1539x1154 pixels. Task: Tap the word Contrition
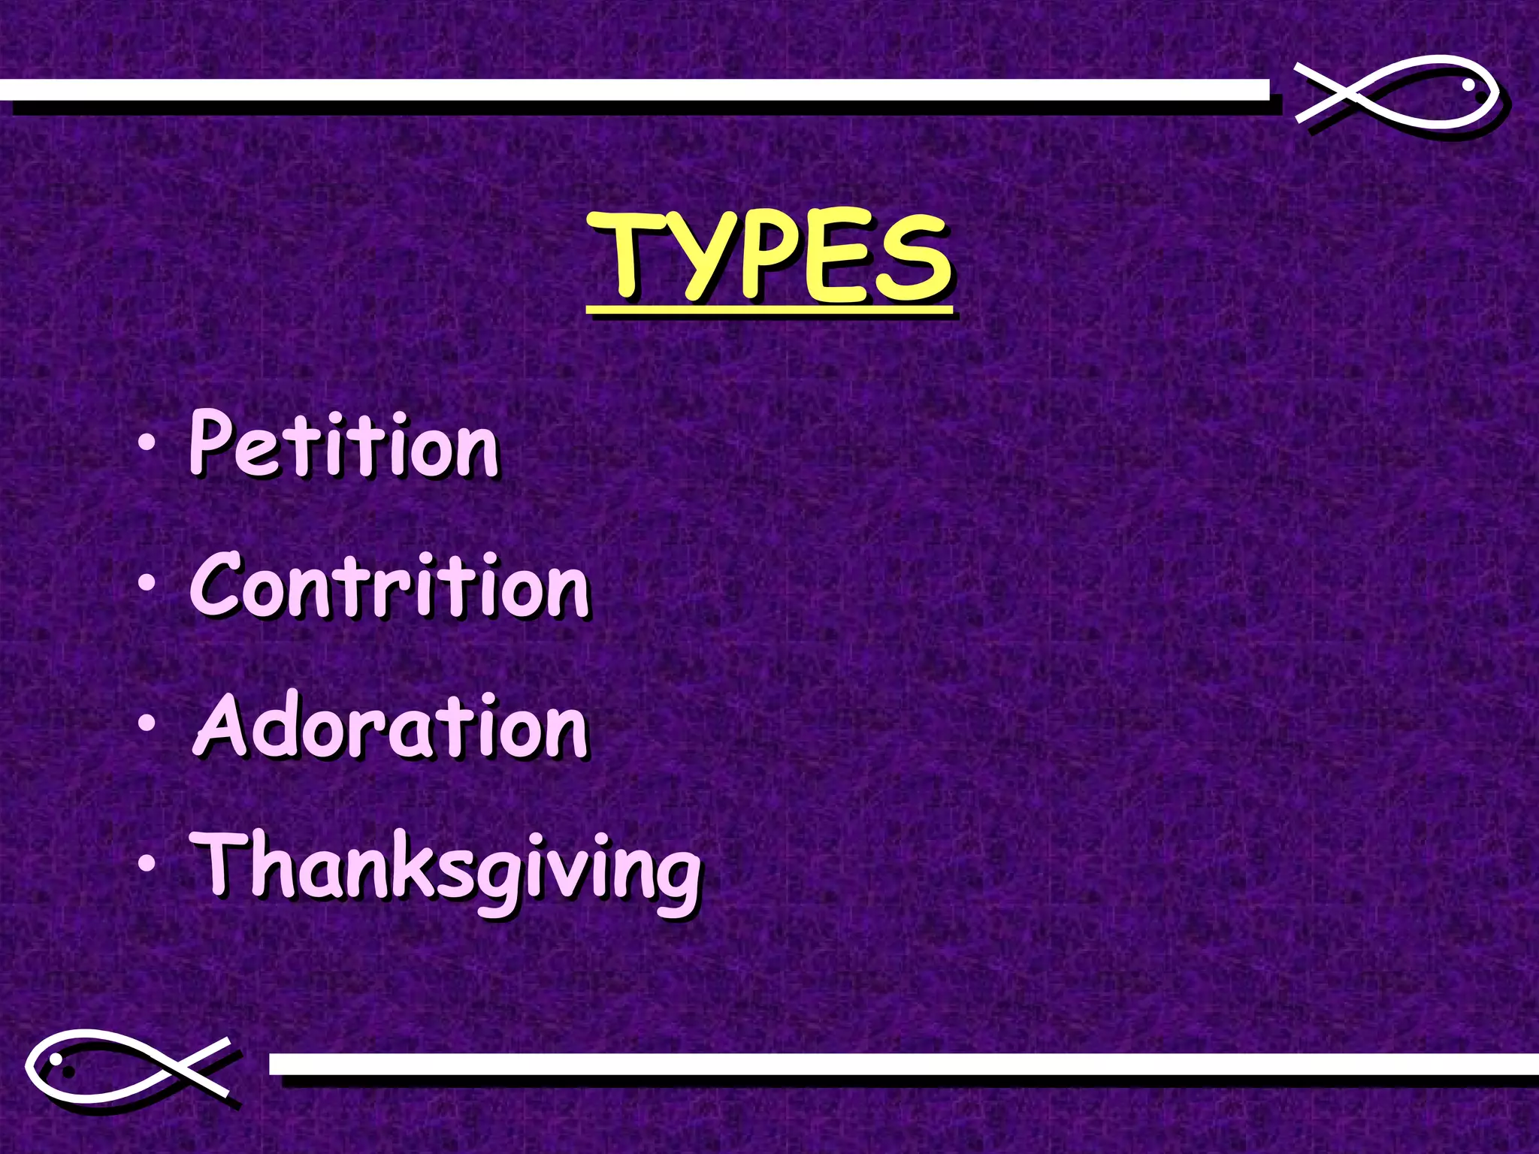tap(389, 586)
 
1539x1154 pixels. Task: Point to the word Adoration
tap(391, 726)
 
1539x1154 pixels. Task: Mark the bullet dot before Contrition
tap(148, 584)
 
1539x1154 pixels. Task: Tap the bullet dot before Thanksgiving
tap(148, 863)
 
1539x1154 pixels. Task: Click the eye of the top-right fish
tap(1468, 86)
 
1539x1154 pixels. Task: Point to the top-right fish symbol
tap(1398, 94)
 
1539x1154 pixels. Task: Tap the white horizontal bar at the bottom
tap(902, 1064)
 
